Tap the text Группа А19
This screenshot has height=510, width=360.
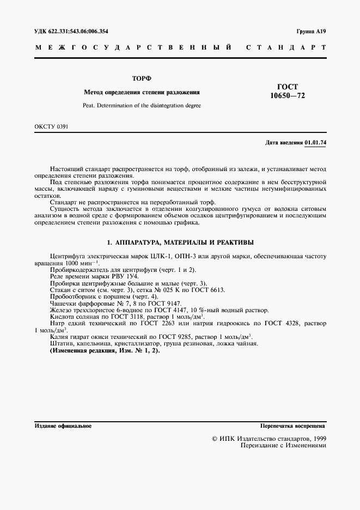pos(312,32)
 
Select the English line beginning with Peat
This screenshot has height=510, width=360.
pos(142,105)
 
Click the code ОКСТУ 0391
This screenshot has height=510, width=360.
pos(51,127)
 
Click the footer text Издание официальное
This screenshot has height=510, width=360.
pos(63,426)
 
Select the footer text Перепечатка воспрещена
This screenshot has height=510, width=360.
pos(292,426)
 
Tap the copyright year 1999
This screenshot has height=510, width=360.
pos(318,438)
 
